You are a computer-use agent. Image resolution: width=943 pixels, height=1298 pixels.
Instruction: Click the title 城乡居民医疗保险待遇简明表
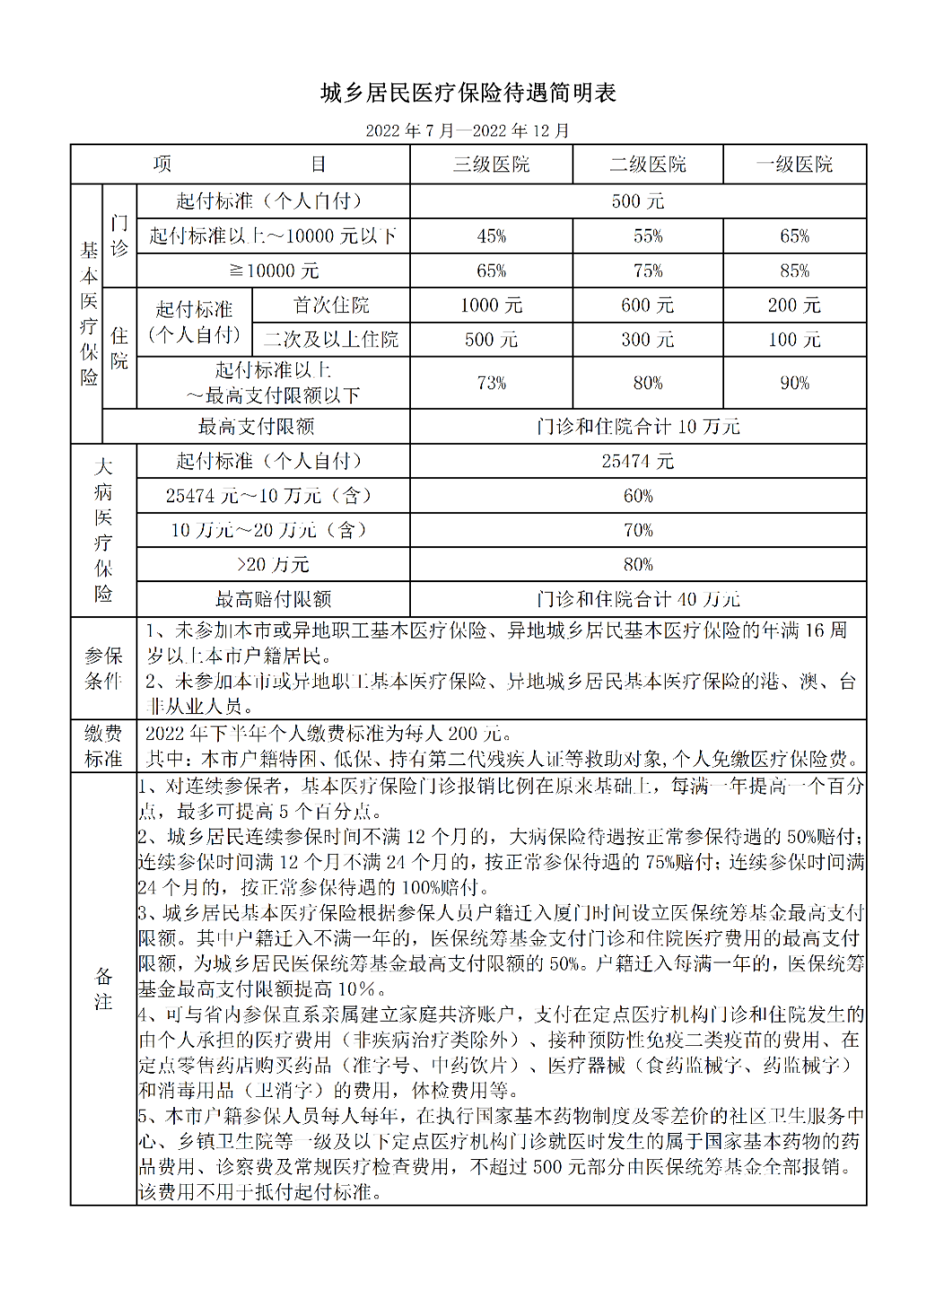468,93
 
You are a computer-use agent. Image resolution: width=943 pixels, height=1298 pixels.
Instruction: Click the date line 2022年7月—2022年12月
467,131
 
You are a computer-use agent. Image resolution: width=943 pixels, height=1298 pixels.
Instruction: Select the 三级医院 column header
491,164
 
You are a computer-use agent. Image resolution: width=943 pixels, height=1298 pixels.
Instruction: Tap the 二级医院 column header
648,164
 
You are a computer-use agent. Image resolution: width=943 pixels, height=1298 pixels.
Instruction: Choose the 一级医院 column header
794,164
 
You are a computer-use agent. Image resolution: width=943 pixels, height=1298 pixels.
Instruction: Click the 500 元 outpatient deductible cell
638,201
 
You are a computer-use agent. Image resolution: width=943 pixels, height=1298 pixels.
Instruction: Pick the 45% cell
491,236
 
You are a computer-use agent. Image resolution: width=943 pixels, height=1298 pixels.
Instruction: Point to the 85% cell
794,271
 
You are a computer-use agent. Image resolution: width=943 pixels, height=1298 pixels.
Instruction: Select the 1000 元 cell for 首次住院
491,305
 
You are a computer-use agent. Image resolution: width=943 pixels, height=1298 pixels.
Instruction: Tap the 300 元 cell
648,340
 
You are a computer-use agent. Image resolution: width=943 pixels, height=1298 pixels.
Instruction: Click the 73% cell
491,383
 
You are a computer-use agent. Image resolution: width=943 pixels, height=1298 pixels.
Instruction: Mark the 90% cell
794,383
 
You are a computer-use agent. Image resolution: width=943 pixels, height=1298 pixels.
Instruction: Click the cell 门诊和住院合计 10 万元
638,427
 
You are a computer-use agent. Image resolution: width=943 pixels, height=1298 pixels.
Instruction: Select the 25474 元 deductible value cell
638,461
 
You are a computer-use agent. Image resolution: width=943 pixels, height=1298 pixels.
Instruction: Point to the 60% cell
638,496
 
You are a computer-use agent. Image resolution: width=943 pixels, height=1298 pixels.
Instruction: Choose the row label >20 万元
273,565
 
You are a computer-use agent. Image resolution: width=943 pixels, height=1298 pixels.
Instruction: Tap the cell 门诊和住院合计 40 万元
638,599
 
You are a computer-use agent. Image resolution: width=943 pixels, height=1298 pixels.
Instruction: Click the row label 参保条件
103,668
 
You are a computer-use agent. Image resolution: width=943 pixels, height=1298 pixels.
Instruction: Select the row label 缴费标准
103,746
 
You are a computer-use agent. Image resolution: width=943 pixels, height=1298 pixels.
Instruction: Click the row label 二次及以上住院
331,340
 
